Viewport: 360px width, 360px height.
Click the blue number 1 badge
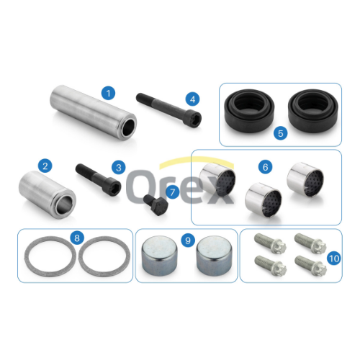point(108,93)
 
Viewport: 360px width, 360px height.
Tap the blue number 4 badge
point(192,99)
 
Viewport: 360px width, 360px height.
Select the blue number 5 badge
point(281,133)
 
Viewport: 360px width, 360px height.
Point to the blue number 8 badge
point(77,238)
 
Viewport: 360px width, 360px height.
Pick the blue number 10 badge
point(334,258)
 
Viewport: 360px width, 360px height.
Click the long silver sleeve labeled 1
point(94,113)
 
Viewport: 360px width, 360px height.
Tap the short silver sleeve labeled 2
point(48,194)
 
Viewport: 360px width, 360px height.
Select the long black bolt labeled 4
point(168,110)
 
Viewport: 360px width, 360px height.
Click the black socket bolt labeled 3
point(99,179)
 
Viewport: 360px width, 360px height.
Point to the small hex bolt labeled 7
point(156,204)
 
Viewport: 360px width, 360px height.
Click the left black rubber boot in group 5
point(249,112)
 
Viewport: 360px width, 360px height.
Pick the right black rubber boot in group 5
point(313,112)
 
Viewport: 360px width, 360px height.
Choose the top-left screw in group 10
point(270,243)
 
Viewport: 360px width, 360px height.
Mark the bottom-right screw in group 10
point(310,266)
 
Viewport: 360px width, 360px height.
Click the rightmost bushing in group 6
point(305,179)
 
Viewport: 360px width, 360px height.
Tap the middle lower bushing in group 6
point(264,199)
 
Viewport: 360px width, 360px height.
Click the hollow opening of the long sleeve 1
point(129,127)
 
